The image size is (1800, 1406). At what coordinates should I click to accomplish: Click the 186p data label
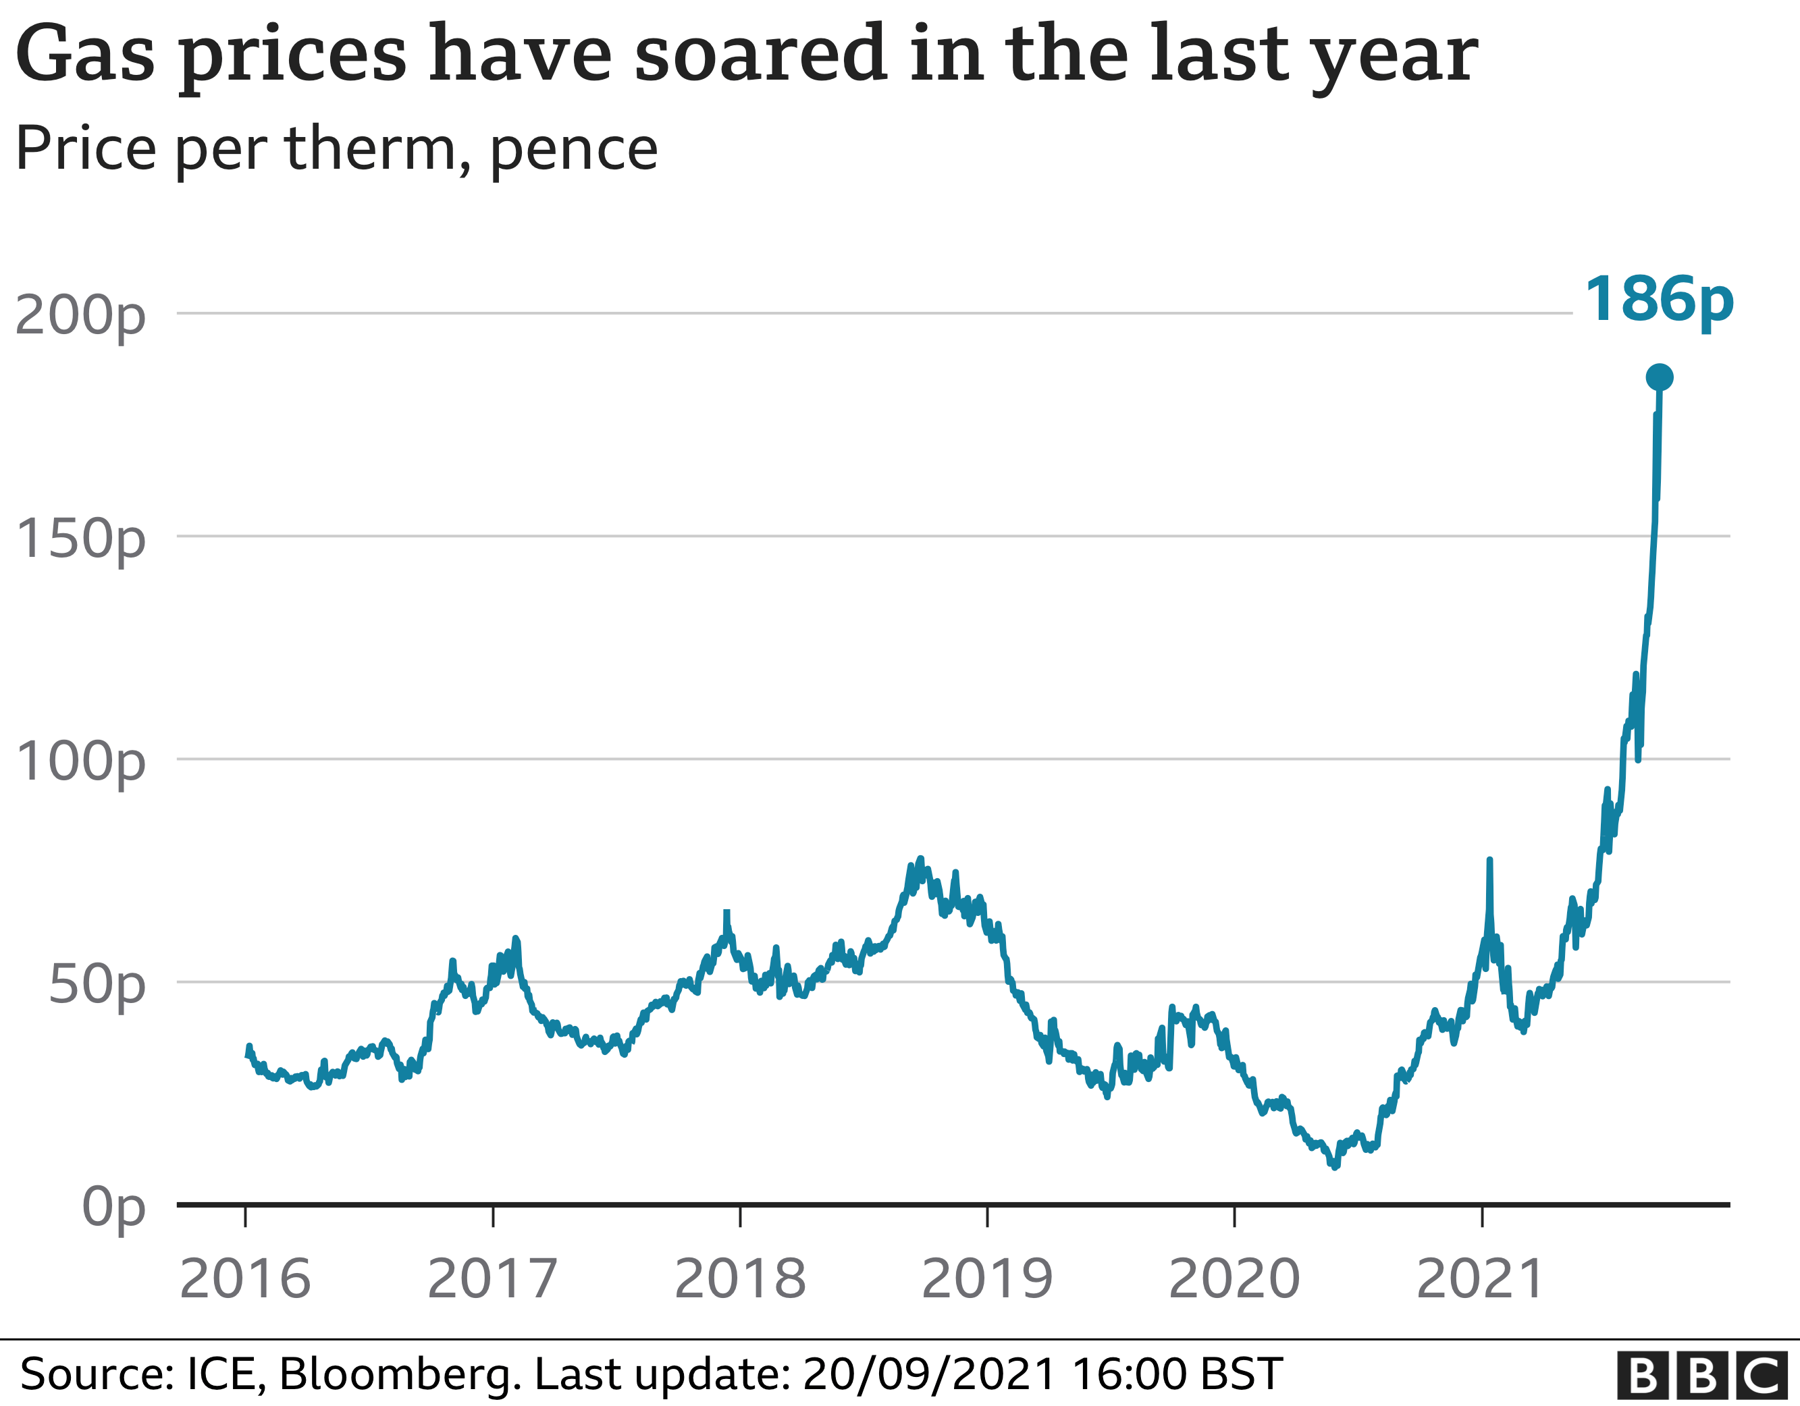point(1658,300)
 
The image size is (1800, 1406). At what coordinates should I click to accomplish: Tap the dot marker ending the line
point(1659,377)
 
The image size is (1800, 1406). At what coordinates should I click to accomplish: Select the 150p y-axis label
point(80,539)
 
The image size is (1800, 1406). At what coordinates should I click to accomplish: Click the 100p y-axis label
point(80,761)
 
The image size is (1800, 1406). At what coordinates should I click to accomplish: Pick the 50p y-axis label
point(97,985)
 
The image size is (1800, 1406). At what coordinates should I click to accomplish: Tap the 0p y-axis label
point(113,1208)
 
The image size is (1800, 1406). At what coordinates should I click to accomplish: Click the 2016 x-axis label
point(245,1279)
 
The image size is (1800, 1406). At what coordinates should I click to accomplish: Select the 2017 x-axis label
point(492,1279)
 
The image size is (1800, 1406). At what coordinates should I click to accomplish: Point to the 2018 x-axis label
point(740,1279)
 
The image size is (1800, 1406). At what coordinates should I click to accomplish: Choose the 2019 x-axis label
point(986,1279)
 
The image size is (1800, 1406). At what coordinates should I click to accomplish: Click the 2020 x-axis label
point(1234,1279)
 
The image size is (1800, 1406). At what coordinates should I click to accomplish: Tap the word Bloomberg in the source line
point(400,1374)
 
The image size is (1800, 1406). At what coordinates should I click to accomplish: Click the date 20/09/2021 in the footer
point(929,1374)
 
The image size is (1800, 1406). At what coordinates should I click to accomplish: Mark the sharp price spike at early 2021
point(1489,862)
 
